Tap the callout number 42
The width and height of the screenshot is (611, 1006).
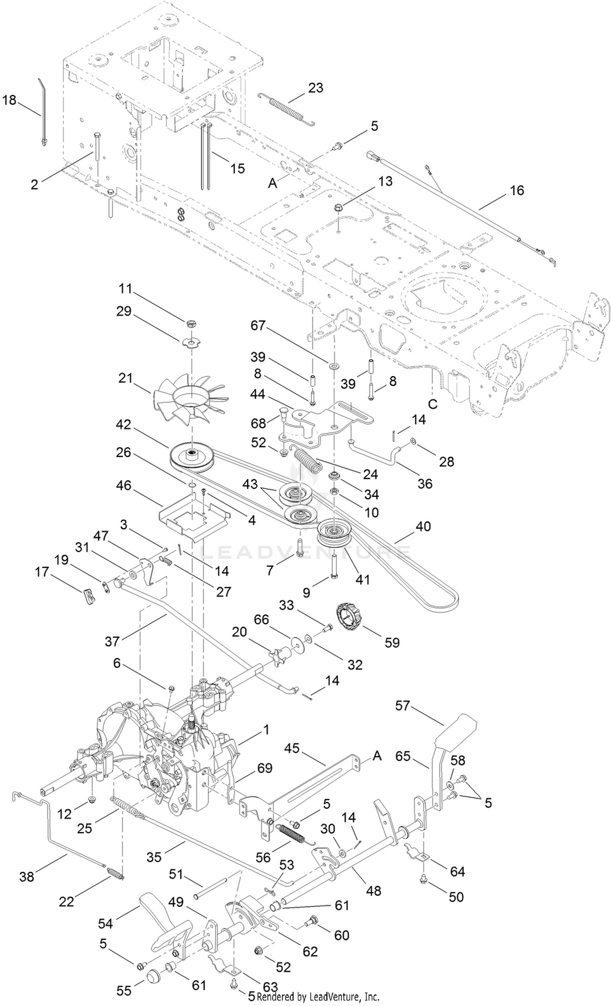123,425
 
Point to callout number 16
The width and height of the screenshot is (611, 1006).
516,190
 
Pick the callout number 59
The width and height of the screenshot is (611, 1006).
391,642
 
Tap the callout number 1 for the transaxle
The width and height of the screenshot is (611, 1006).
266,729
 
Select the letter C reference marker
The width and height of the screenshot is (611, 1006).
433,404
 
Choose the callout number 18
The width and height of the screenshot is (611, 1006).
9,100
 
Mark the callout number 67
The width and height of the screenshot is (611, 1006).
258,325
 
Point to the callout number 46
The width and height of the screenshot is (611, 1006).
123,485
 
